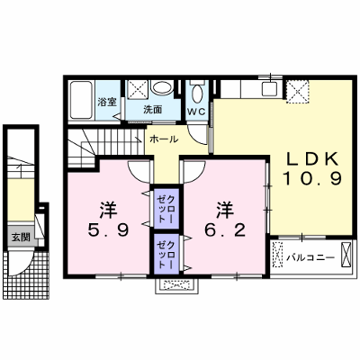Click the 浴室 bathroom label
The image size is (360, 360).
107,102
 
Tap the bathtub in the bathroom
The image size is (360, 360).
81,100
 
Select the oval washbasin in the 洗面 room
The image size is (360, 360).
162,87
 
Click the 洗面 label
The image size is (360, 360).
153,110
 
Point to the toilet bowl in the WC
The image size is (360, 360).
197,93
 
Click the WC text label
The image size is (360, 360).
196,112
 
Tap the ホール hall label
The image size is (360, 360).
164,139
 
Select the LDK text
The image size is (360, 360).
312,160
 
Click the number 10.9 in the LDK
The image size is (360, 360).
312,180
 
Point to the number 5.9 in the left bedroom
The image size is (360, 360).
109,230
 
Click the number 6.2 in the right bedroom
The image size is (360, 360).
225,230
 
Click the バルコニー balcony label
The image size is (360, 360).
310,257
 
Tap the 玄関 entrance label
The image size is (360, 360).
21,238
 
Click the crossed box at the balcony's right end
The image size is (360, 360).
346,254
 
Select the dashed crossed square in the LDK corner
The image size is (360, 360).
297,92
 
